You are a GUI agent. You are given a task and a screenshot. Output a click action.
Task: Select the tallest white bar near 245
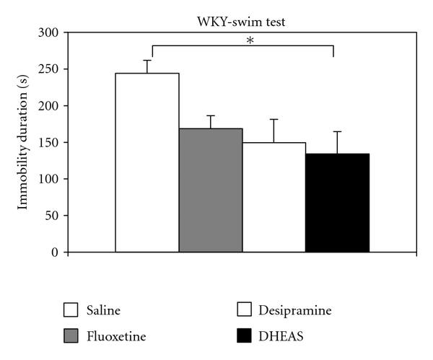(x=147, y=163)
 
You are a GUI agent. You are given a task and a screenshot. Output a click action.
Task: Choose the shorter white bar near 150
(x=274, y=198)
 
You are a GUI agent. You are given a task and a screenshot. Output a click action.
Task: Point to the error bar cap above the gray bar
(x=211, y=115)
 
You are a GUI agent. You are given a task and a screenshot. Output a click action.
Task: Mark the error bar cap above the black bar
(x=337, y=131)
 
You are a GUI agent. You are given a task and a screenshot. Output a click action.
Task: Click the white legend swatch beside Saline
(x=71, y=311)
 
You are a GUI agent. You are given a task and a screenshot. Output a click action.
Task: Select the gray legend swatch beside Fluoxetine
(x=71, y=336)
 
